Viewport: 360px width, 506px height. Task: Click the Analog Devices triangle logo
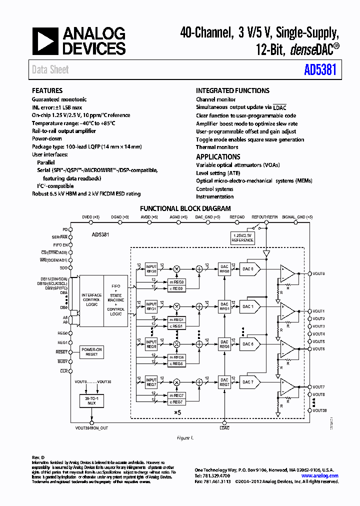click(x=45, y=41)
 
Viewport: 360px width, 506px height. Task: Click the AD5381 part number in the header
click(x=320, y=70)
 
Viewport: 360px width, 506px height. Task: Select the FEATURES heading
click(x=47, y=90)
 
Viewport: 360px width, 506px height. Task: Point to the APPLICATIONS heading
click(x=218, y=157)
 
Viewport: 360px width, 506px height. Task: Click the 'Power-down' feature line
click(x=47, y=138)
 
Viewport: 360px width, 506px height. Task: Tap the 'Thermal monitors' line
click(x=217, y=147)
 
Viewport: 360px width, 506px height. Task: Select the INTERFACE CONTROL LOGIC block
click(x=91, y=298)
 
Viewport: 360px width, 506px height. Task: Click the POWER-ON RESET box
click(x=91, y=352)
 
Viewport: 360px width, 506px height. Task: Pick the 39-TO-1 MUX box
click(x=91, y=400)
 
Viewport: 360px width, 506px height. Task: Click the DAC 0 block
click(x=248, y=268)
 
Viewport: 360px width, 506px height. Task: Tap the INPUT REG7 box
click(x=151, y=382)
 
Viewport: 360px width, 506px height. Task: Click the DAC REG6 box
click(x=224, y=344)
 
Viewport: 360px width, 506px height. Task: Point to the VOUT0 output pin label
click(x=319, y=274)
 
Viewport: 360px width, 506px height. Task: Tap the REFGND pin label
click(x=237, y=217)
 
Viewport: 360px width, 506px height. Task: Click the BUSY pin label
click(x=62, y=361)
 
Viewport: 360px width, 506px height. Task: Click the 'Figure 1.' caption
click(x=185, y=438)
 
